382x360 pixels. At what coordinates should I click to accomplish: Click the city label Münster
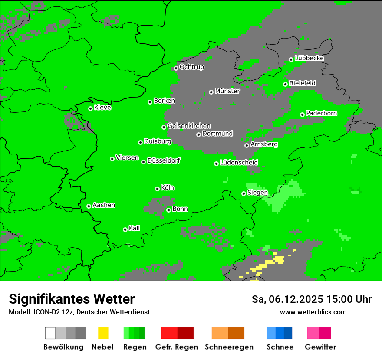point(227,91)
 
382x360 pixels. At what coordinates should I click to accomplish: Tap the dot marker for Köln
point(157,189)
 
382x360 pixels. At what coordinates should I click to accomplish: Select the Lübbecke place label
point(309,58)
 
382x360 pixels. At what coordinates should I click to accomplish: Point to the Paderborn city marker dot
point(302,115)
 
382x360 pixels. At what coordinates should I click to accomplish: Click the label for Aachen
point(104,205)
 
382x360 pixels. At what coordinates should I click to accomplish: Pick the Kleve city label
point(102,108)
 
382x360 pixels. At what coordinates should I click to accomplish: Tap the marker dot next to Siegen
point(244,193)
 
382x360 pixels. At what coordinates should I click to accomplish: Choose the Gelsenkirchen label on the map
point(189,126)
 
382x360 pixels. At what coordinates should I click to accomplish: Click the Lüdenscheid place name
point(239,163)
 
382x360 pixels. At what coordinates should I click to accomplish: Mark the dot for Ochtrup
point(176,68)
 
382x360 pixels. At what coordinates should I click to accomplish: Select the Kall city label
point(134,228)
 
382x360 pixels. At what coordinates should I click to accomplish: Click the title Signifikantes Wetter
point(72,299)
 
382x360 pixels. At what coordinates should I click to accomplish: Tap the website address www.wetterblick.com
point(313,312)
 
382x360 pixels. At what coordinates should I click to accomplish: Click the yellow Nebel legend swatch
point(103,333)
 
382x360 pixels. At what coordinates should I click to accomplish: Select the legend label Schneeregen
point(229,347)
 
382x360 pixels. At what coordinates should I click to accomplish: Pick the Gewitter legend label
point(320,347)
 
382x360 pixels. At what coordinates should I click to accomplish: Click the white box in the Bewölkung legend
point(50,333)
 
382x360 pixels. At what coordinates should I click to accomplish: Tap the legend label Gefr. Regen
point(177,347)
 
